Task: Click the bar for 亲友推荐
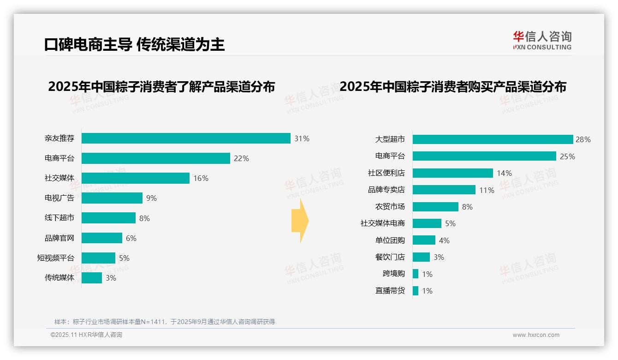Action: point(186,138)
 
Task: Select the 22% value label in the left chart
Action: point(241,158)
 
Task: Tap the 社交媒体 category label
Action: point(59,178)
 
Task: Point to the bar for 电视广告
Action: point(112,198)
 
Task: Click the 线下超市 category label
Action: point(59,218)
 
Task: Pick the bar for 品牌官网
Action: point(102,238)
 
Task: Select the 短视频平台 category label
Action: point(55,258)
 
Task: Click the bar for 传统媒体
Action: point(92,278)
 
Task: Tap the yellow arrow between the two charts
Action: point(300,221)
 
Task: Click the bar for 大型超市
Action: point(493,139)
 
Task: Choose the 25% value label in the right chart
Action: point(567,156)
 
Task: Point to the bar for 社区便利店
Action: point(452,173)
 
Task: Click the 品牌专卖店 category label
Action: point(386,190)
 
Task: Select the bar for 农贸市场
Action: point(435,207)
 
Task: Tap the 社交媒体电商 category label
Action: point(382,223)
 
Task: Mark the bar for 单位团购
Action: point(424,240)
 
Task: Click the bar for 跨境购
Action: point(416,274)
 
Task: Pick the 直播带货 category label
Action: point(390,291)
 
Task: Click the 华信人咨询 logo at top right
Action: point(542,40)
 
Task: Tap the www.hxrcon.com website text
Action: point(535,335)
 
